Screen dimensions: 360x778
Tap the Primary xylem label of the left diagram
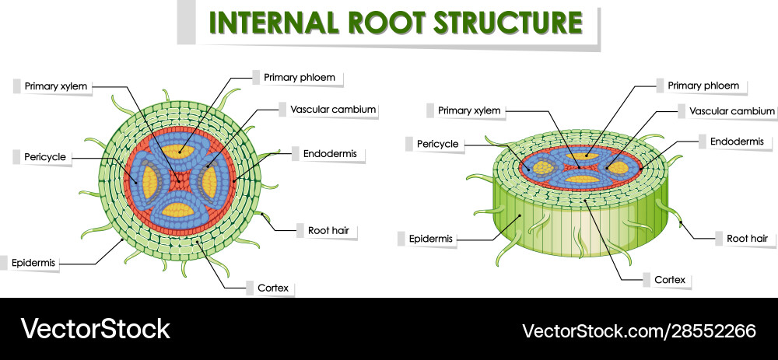click(x=56, y=86)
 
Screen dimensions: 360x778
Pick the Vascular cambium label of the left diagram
click(x=333, y=110)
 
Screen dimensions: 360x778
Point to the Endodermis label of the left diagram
click(x=330, y=153)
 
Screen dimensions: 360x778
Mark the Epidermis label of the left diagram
click(x=33, y=263)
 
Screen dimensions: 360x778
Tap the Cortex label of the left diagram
click(x=273, y=288)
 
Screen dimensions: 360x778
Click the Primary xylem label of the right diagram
click(x=469, y=110)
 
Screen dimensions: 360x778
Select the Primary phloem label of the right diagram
click(x=697, y=86)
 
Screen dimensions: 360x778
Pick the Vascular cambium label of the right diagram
click(x=732, y=111)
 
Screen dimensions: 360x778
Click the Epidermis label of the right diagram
click(x=432, y=238)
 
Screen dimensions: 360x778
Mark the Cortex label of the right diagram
click(x=670, y=279)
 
